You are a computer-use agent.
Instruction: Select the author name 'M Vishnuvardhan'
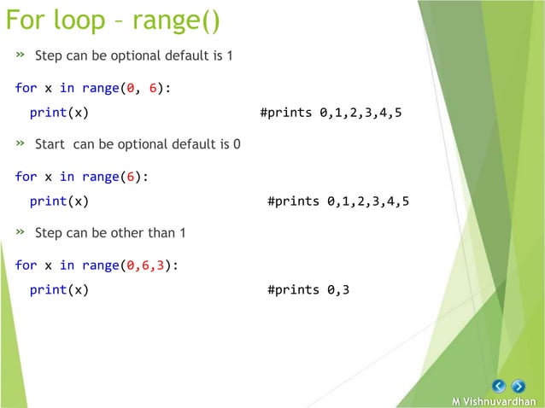pyautogui.click(x=495, y=401)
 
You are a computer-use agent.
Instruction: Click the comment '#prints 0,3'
pyautogui.click(x=308, y=290)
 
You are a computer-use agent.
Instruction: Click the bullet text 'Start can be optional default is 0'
pyautogui.click(x=138, y=144)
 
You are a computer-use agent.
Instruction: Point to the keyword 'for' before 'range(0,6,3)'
pyautogui.click(x=26, y=265)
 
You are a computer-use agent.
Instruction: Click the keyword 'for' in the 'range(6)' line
pyautogui.click(x=26, y=177)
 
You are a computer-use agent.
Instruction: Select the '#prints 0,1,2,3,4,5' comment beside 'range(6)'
pyautogui.click(x=337, y=202)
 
